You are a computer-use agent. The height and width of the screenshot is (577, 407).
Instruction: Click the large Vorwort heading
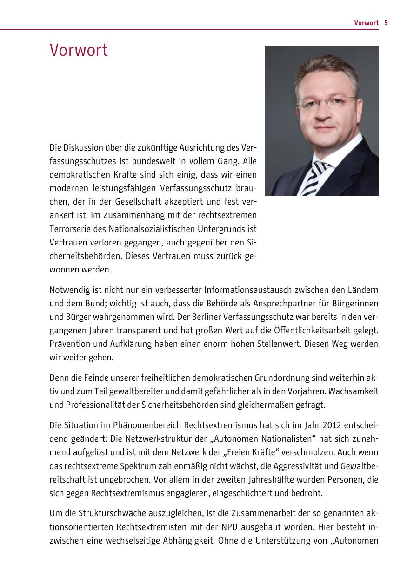[79, 50]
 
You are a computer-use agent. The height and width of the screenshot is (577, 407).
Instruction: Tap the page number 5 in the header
[386, 23]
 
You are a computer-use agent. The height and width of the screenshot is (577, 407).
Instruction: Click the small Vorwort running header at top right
[366, 23]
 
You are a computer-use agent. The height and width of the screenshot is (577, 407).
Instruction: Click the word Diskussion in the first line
[86, 148]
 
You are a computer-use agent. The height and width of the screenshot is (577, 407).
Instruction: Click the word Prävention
[68, 345]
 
